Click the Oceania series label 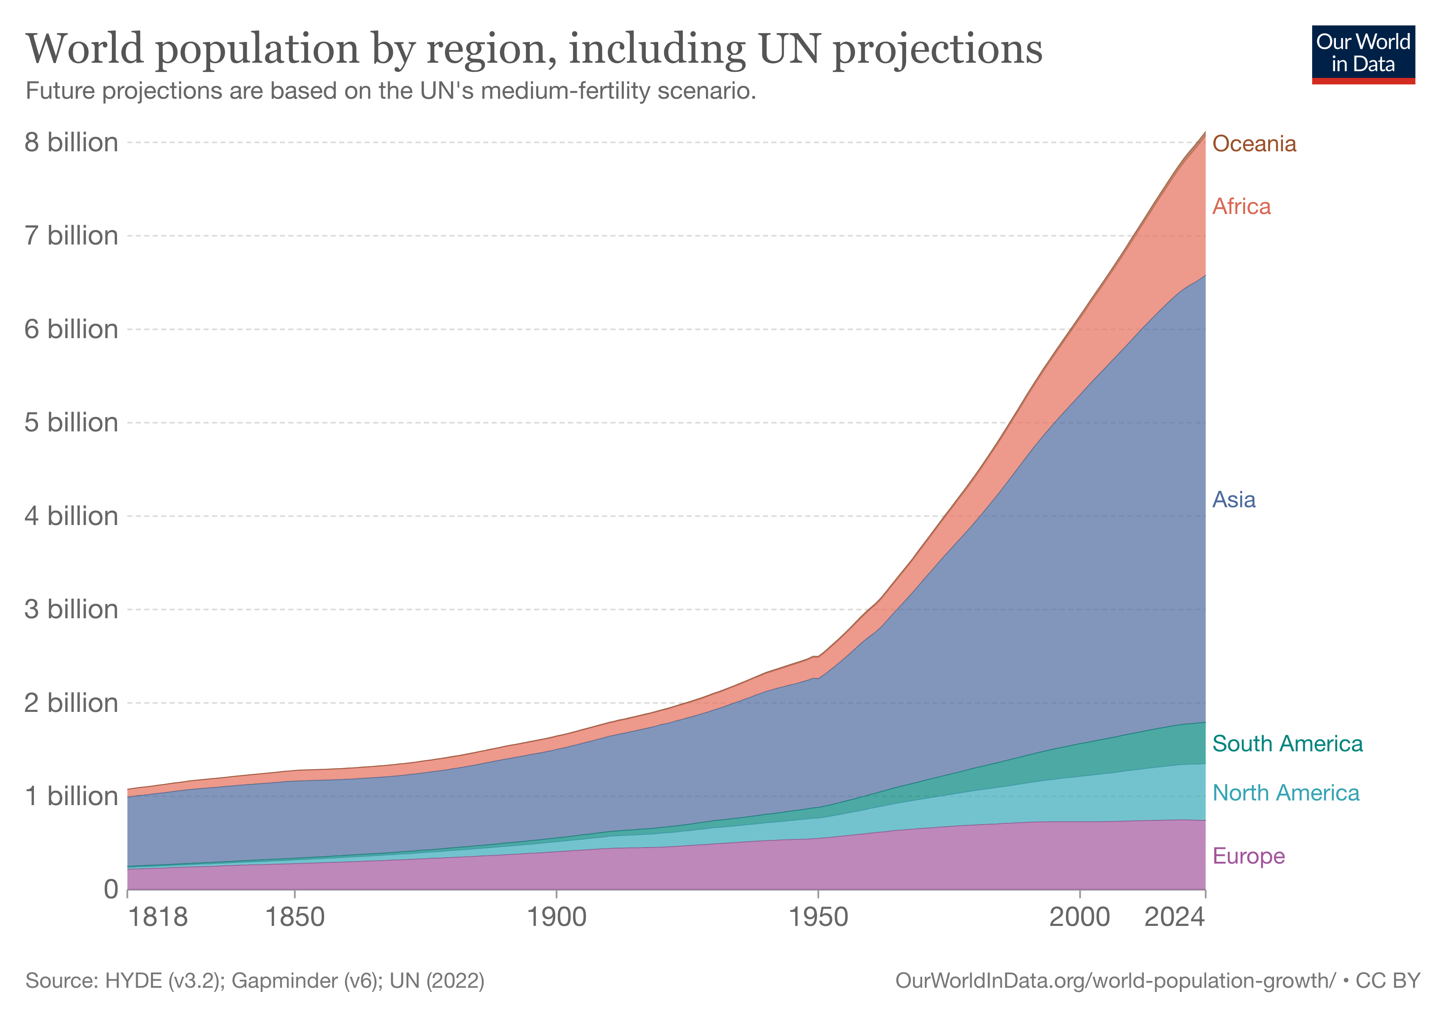[x=1253, y=144]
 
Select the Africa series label [x=1241, y=206]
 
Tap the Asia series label [x=1233, y=500]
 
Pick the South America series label [x=1287, y=743]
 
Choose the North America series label [x=1285, y=793]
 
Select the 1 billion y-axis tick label [x=71, y=796]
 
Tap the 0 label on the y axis [x=111, y=889]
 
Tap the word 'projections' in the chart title [x=937, y=49]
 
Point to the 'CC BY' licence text [x=1388, y=981]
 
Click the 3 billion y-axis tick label [x=71, y=609]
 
